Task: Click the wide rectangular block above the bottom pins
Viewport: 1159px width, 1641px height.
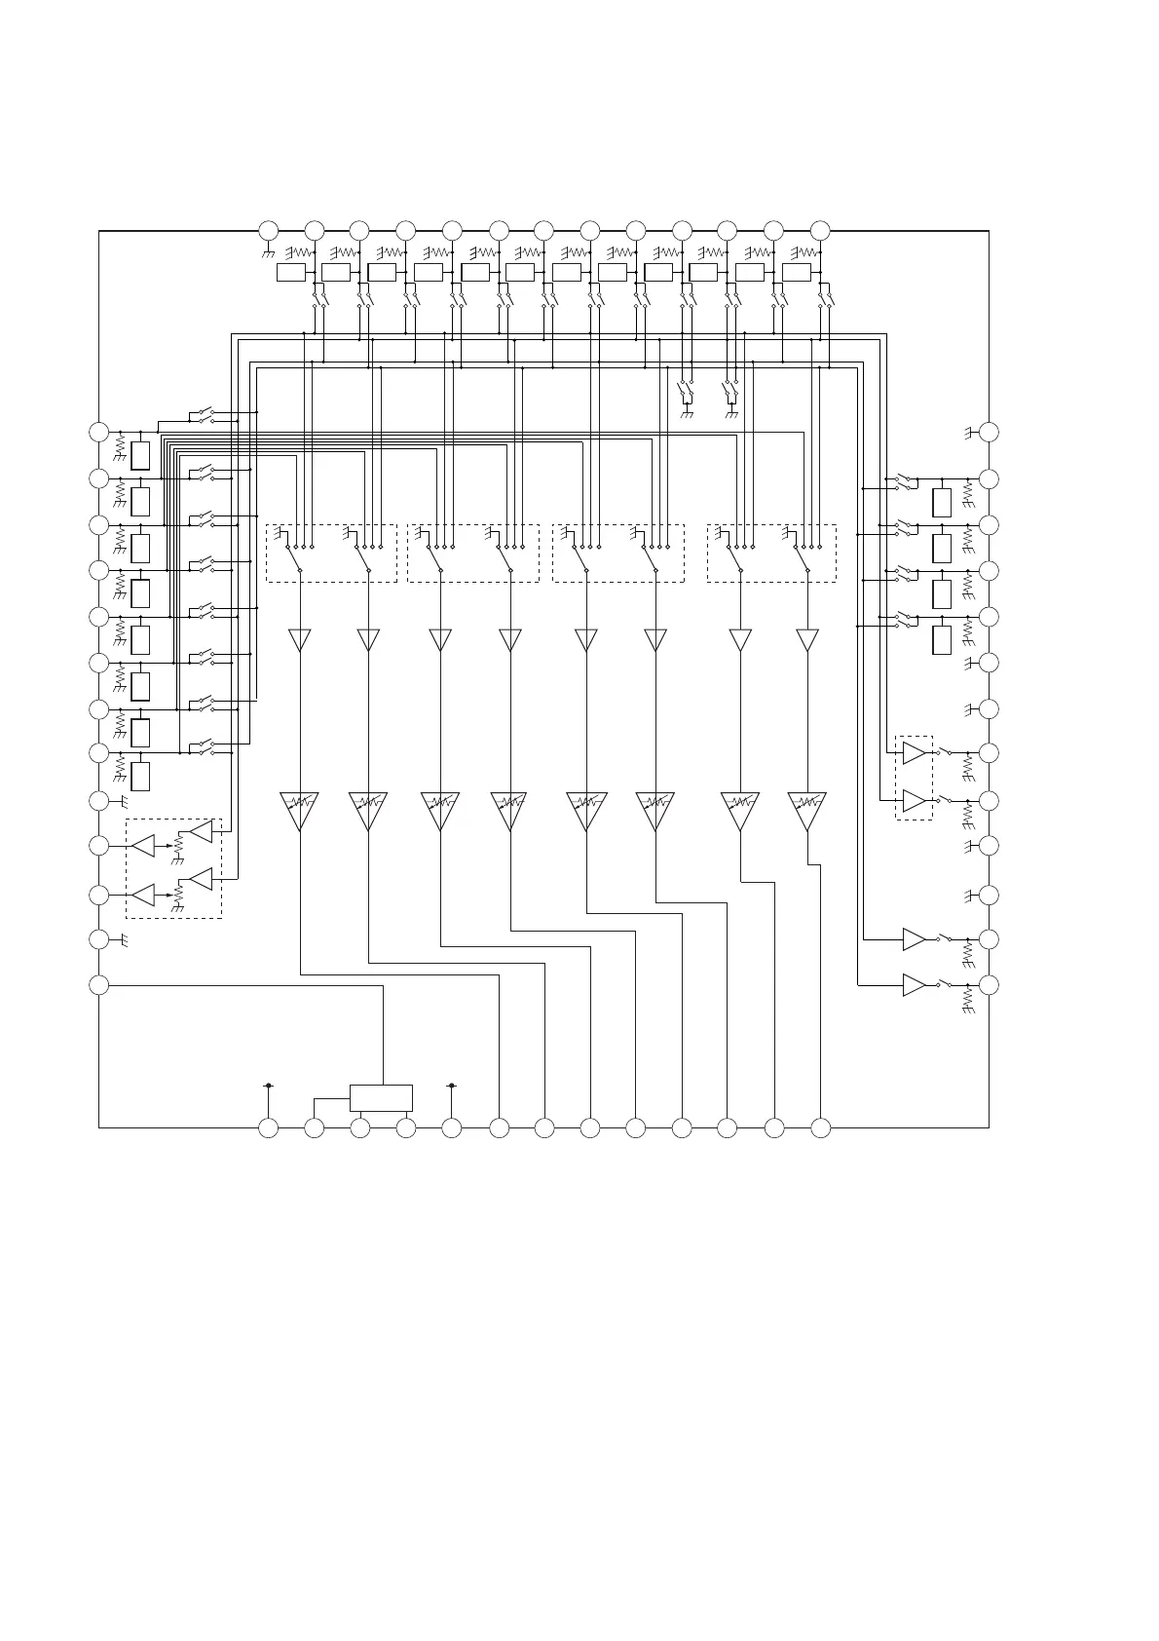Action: [x=381, y=1097]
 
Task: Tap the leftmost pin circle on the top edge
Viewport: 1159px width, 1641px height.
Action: [x=268, y=231]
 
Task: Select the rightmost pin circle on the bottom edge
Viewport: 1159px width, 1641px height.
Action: [x=821, y=1128]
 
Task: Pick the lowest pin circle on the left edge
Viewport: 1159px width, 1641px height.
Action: [x=98, y=985]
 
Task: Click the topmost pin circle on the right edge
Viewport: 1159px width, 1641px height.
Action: [x=990, y=432]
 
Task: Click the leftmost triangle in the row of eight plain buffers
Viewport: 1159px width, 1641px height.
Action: [x=300, y=639]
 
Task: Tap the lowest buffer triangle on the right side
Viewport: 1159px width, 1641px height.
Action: [x=914, y=985]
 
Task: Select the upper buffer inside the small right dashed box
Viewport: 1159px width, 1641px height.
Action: [x=914, y=753]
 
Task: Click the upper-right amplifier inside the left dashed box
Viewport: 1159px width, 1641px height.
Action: [x=201, y=832]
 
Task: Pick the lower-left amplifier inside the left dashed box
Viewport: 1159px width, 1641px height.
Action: [x=143, y=895]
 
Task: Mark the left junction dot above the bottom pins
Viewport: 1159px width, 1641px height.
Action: [x=268, y=1085]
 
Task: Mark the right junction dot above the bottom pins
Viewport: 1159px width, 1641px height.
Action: [x=452, y=1085]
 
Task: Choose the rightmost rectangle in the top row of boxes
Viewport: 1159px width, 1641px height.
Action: [x=797, y=273]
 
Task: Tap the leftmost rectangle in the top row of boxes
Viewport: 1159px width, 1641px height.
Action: [x=291, y=273]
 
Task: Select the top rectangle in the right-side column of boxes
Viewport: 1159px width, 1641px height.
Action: [x=942, y=503]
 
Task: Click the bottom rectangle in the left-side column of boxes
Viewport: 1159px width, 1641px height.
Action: [x=140, y=777]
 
